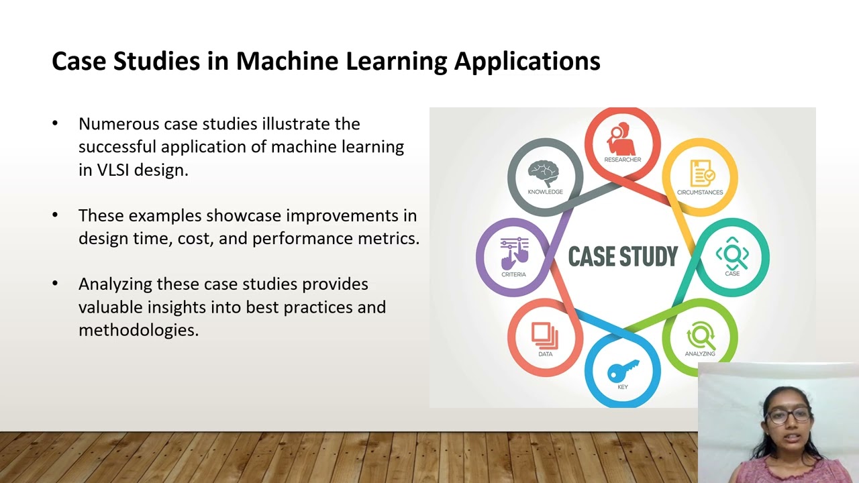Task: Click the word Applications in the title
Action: coord(527,61)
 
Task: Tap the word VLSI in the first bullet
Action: coord(113,170)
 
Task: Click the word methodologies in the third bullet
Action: coord(138,330)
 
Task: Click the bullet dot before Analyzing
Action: coord(55,284)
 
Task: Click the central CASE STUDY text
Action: coord(623,256)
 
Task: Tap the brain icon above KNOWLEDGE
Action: coord(544,173)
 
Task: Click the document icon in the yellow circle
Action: coord(701,173)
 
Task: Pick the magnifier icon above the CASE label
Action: coord(731,254)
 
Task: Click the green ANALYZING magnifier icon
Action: coord(700,335)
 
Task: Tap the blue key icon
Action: coord(622,370)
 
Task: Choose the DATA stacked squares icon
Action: coord(544,334)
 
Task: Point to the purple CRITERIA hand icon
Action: coord(514,254)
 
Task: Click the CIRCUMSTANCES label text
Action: coord(700,193)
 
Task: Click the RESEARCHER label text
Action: coord(622,160)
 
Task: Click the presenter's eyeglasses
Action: coord(787,416)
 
